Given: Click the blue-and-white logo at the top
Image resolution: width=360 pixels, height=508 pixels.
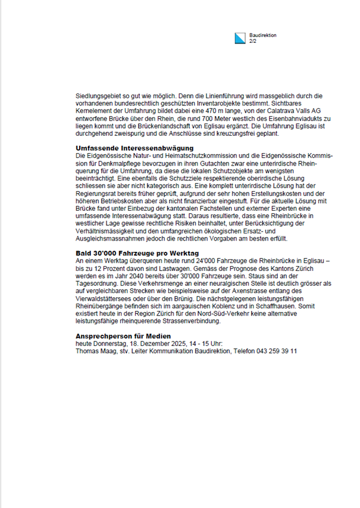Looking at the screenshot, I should [x=239, y=38].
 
